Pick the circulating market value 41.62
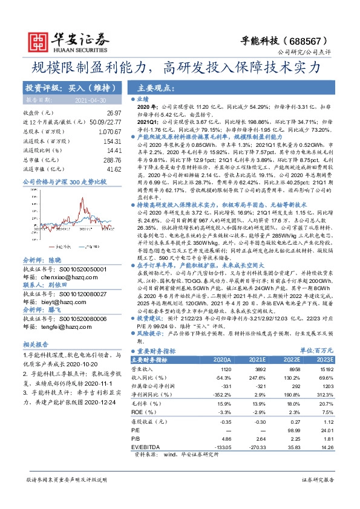click(114, 169)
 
